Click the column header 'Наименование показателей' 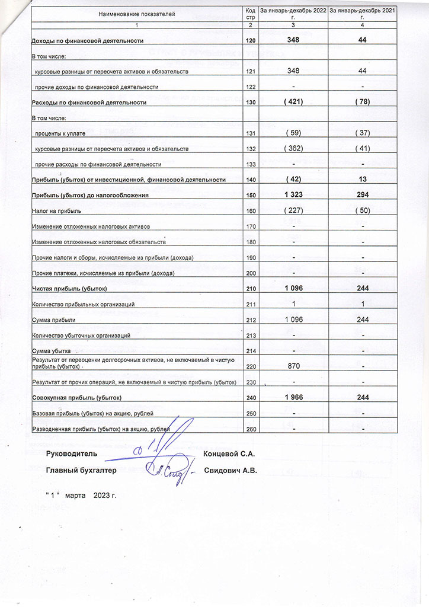137,13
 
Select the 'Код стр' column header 250,13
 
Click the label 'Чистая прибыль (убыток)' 69,289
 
